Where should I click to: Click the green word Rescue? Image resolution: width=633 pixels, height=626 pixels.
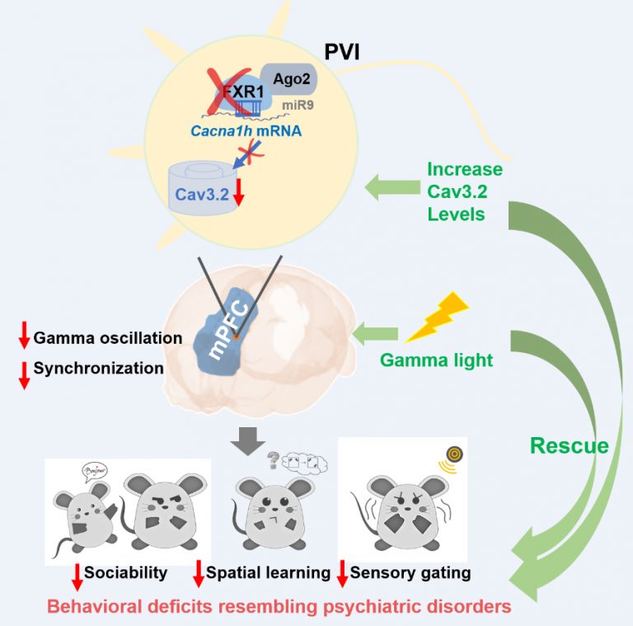[569, 446]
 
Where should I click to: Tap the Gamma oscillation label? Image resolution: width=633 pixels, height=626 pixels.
[107, 338]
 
